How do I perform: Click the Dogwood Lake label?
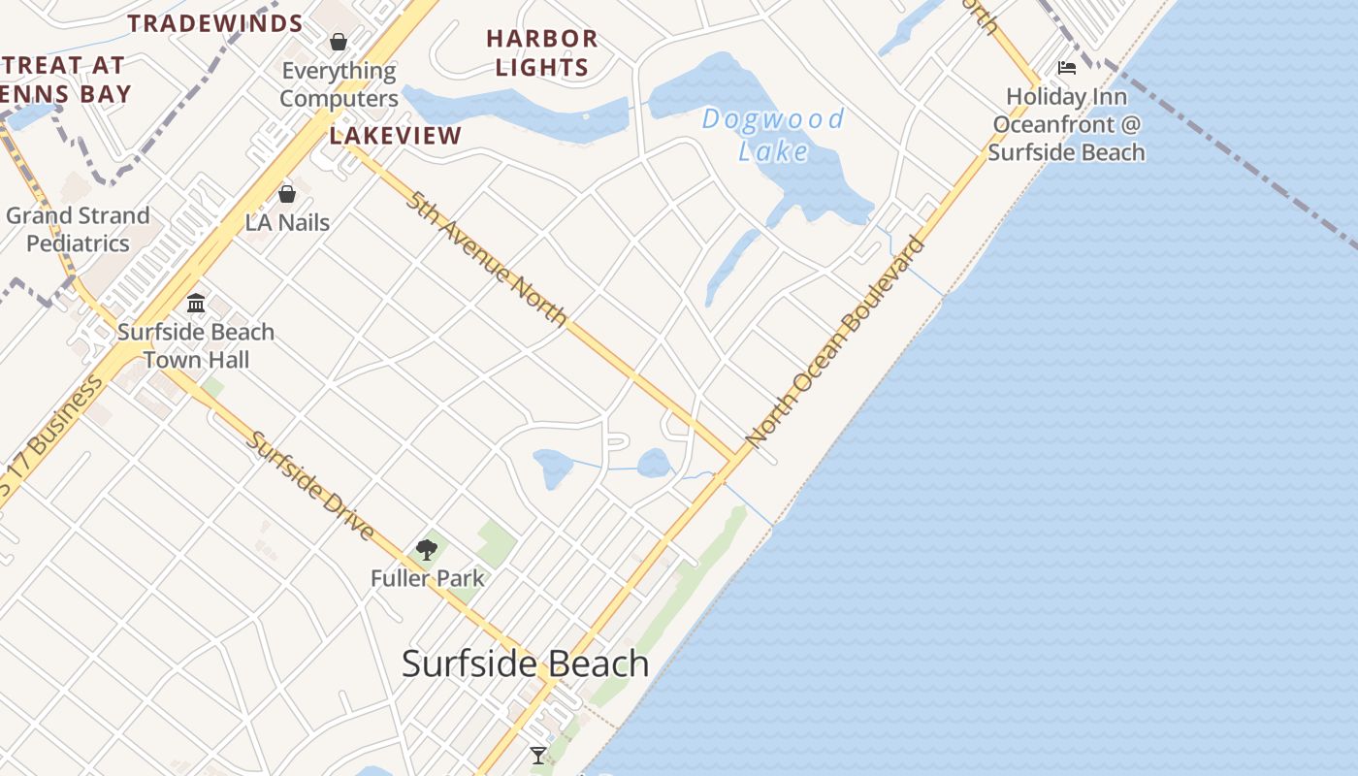coord(773,135)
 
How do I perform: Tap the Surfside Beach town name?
coord(525,664)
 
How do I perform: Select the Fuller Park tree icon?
coord(426,550)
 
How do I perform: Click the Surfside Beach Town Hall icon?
coord(196,303)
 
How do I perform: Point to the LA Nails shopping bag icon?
coord(287,194)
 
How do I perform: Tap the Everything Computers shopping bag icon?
coord(339,42)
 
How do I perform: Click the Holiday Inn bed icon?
coord(1067,68)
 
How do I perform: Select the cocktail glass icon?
coord(537,755)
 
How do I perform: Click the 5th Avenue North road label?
coord(486,259)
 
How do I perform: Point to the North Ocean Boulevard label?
coord(835,341)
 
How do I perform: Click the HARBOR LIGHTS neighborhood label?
coord(542,53)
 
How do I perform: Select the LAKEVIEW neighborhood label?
coord(395,136)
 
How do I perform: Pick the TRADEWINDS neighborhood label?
coord(215,23)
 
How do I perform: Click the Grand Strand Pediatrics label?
coord(78,229)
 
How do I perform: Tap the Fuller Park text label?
coord(427,579)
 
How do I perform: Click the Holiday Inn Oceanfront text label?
coord(1067,125)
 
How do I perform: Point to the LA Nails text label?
coord(287,223)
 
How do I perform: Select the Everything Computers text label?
coord(339,85)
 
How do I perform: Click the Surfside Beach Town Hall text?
coord(196,345)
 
